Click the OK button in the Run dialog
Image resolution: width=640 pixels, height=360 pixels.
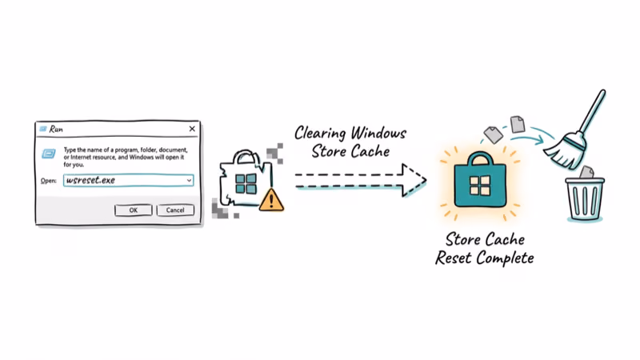[133, 210]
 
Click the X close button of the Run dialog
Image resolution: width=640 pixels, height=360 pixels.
[192, 129]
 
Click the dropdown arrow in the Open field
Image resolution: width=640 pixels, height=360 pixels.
[189, 181]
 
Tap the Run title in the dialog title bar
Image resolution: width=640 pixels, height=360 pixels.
[57, 129]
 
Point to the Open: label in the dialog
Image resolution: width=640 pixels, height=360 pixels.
[49, 181]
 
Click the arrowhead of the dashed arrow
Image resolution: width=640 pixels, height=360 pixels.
[413, 180]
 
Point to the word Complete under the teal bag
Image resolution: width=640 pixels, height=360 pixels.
[504, 258]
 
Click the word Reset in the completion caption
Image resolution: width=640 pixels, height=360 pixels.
[457, 258]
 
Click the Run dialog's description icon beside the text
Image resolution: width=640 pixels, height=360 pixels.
[50, 151]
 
